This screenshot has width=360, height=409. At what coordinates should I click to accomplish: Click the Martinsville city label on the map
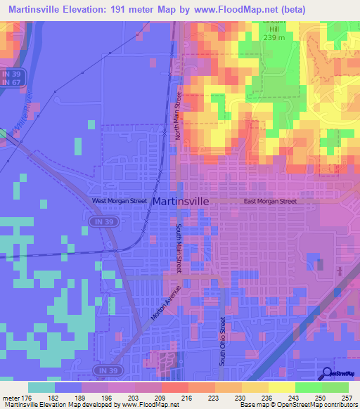pos(180,201)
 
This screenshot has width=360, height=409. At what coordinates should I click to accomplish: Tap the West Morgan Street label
pos(120,201)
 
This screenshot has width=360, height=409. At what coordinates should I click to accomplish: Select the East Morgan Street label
pos(271,201)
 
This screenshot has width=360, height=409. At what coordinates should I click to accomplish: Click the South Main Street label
pos(179,249)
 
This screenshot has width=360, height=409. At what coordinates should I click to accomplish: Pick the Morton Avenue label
pos(166,304)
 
